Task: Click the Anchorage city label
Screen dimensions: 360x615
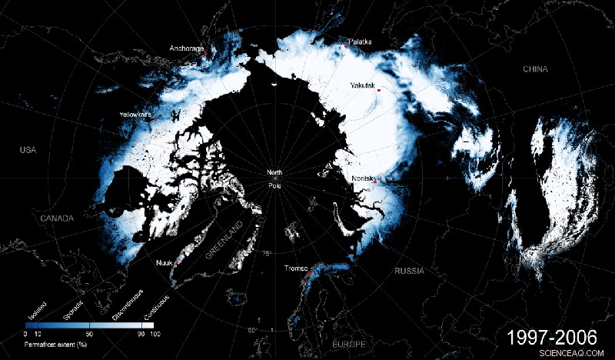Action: (x=187, y=48)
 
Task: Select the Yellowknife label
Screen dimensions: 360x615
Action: (x=135, y=115)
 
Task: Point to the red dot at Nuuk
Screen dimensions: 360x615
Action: (x=177, y=263)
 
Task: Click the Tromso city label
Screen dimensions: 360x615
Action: (x=296, y=268)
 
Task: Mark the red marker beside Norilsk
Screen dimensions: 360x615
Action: (x=375, y=182)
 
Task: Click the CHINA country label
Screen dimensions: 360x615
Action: (x=535, y=69)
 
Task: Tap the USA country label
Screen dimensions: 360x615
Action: (x=28, y=149)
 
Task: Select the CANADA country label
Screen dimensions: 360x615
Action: (x=56, y=218)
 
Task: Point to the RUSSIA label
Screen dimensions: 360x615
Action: (x=409, y=272)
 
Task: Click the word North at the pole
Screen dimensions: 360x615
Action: (x=274, y=172)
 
